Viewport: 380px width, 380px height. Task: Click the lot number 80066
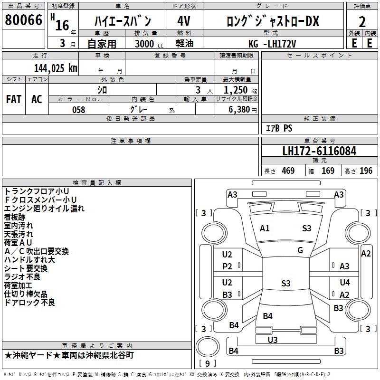(23, 21)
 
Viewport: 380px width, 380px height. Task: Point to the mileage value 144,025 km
(56, 68)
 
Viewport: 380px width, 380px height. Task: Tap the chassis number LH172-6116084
(319, 151)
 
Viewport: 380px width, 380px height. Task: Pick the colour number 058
(78, 110)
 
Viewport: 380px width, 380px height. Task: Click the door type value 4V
(184, 21)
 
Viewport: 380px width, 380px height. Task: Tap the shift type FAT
(14, 99)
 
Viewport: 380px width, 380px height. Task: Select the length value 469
(288, 171)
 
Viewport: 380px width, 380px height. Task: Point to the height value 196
(366, 171)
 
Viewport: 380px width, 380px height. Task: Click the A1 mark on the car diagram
(265, 228)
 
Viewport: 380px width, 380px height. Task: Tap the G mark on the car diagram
(300, 250)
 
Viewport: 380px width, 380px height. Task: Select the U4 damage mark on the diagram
(345, 283)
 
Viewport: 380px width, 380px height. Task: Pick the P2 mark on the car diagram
(227, 266)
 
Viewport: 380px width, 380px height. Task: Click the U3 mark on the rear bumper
(272, 340)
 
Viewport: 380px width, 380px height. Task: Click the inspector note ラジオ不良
(22, 277)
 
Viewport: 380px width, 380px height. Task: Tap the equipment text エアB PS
(279, 128)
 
